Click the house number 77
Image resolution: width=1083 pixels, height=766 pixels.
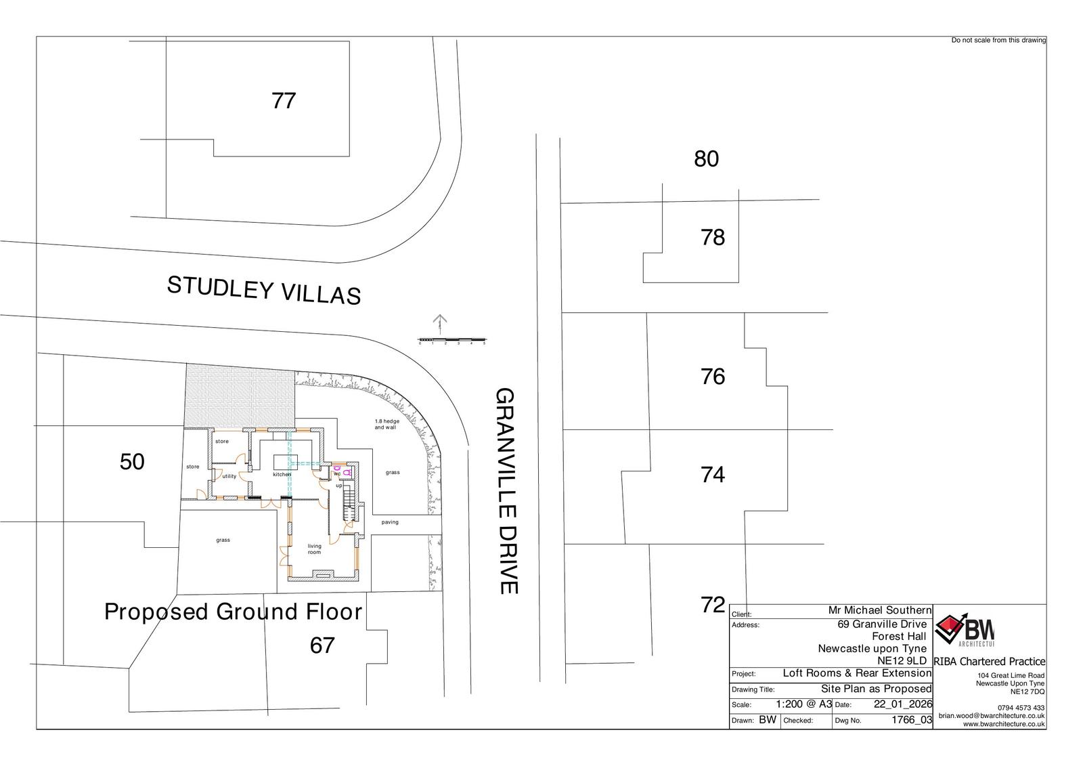pos(284,101)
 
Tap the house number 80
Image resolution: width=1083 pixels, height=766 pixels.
pos(707,158)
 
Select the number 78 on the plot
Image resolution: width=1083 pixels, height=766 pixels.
pos(713,237)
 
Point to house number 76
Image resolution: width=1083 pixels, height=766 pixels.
pos(713,377)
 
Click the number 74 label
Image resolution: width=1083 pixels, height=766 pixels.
pos(713,475)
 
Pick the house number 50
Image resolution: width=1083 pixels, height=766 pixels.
pos(132,462)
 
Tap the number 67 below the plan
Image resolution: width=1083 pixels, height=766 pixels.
pos(322,645)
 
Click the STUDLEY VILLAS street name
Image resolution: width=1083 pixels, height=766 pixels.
pos(264,291)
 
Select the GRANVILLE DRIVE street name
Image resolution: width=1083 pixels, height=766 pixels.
pos(507,490)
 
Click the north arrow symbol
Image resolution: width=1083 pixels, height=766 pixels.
pos(439,324)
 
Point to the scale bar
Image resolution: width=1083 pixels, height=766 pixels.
pos(452,340)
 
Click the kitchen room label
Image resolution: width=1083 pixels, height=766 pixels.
pos(282,474)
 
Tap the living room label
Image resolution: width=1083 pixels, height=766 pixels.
pos(314,549)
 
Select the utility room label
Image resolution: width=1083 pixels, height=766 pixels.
pos(229,476)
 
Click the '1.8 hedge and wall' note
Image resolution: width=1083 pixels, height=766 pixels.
pos(386,425)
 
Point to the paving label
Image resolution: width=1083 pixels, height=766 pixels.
pos(390,522)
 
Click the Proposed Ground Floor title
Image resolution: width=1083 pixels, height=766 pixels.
pos(233,612)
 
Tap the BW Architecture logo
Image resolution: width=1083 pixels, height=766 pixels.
pos(964,630)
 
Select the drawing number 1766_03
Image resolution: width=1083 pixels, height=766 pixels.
pos(911,719)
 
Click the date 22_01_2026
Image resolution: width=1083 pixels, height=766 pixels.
pos(903,704)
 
